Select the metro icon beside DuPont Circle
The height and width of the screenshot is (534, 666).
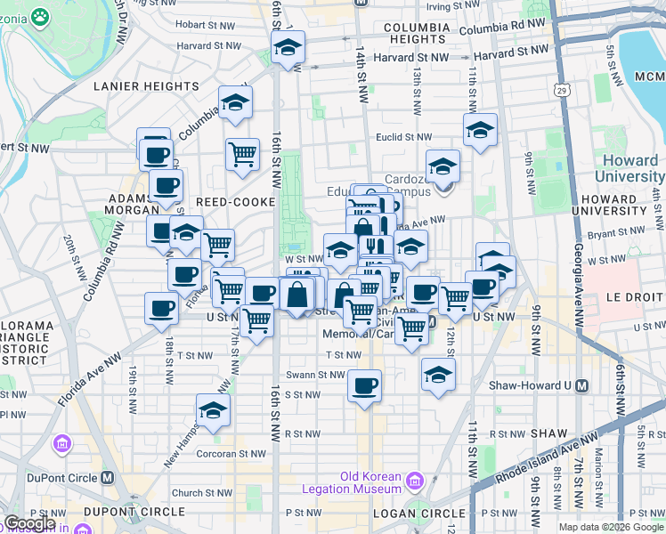pyautogui.click(x=109, y=477)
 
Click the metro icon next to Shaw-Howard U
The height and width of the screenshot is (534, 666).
pyautogui.click(x=581, y=385)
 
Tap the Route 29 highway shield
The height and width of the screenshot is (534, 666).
pyautogui.click(x=560, y=89)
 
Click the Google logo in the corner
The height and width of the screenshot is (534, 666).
pyautogui.click(x=28, y=523)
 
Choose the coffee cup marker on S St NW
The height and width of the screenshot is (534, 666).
pyautogui.click(x=364, y=386)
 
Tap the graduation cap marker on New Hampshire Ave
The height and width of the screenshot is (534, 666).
pyautogui.click(x=213, y=410)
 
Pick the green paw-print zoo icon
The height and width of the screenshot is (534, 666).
pyautogui.click(x=40, y=15)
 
